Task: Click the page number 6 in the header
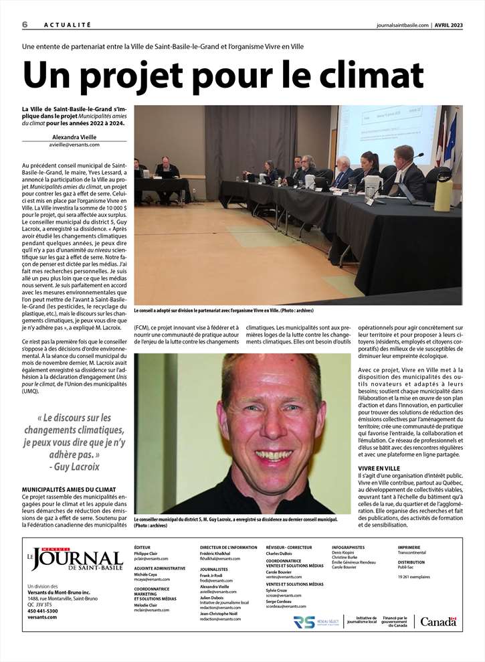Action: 25,24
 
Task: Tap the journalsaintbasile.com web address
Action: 402,25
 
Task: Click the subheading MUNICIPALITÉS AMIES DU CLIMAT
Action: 69,490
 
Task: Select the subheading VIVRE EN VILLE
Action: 379,468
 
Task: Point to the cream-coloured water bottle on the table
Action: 443,191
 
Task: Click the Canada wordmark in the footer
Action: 438,622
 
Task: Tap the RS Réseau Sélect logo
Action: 314,623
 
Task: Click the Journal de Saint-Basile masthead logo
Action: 70,558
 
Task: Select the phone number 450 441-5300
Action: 43,610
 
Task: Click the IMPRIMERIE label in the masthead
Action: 409,548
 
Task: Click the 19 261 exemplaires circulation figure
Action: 413,576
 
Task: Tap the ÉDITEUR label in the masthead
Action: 142,548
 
